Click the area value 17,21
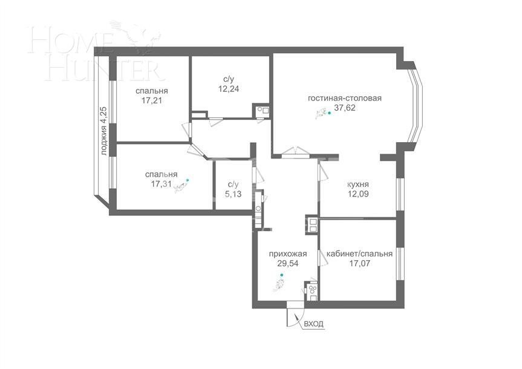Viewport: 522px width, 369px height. point(152,101)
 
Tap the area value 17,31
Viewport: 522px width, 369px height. point(162,185)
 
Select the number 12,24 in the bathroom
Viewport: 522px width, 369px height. point(229,88)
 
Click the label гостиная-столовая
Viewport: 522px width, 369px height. point(345,99)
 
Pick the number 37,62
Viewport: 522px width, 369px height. point(345,110)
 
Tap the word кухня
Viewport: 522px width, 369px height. point(358,184)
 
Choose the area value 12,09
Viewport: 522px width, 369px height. point(358,195)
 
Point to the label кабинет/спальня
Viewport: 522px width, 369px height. point(359,254)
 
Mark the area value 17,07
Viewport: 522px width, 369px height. point(359,264)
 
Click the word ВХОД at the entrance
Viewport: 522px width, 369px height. point(314,324)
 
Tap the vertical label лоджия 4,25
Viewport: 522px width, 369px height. point(104,131)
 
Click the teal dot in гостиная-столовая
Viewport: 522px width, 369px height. point(329,113)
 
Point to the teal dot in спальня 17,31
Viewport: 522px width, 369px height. point(188,180)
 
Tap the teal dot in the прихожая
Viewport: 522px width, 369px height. point(281,276)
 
